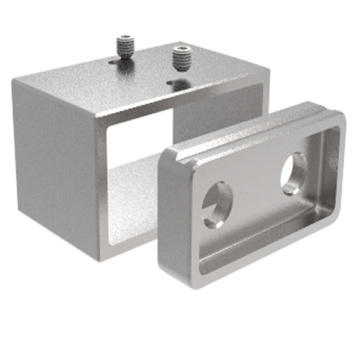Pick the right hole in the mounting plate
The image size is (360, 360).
pyautogui.click(x=294, y=172)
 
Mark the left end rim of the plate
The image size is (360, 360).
pyautogui.click(x=170, y=200)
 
